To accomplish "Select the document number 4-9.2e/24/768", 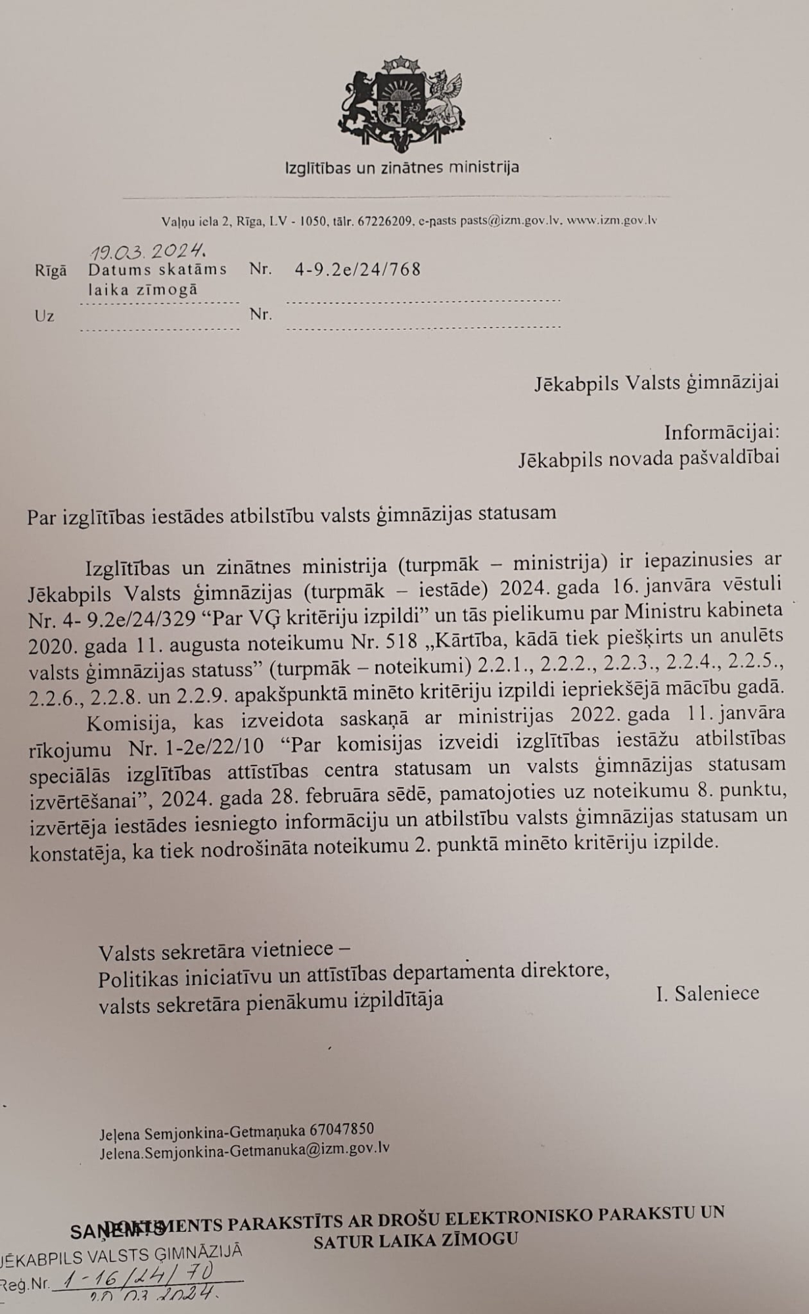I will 358,269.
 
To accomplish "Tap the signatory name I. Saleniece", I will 707,993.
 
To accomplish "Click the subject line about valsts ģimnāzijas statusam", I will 292,512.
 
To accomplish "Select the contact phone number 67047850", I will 342,1129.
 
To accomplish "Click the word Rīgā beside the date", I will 51,271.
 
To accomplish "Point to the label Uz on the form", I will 44,316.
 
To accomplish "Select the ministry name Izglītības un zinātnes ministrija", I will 402,167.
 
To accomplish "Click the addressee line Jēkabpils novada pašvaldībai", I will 649,459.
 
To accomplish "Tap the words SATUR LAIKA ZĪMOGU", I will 416,1240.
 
